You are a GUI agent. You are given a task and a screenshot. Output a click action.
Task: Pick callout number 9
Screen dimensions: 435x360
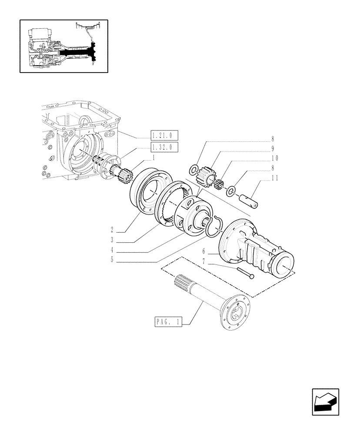pyautogui.click(x=272, y=149)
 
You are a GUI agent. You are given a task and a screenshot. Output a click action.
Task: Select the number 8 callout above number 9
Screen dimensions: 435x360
pyautogui.click(x=272, y=139)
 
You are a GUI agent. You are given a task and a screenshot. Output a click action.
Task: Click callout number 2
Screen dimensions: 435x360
pyautogui.click(x=112, y=229)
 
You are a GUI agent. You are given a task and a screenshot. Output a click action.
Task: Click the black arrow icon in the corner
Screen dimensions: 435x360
pyautogui.click(x=325, y=402)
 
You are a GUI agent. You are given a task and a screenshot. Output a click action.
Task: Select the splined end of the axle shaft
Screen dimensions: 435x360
pyautogui.click(x=185, y=284)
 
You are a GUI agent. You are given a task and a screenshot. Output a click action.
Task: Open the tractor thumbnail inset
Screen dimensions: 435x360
pyautogui.click(x=64, y=46)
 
